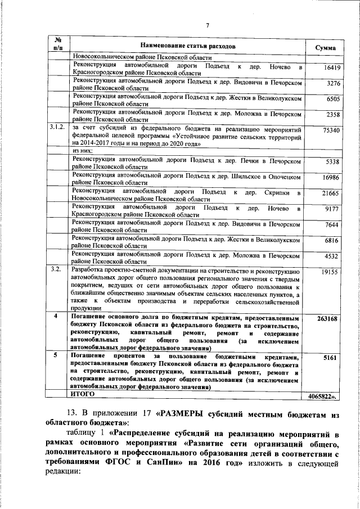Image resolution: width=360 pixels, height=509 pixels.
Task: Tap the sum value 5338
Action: point(328,163)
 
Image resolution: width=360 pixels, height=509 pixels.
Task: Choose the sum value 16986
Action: point(326,178)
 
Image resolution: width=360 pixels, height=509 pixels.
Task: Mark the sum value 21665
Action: point(326,194)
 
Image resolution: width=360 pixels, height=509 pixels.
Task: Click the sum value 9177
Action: point(328,210)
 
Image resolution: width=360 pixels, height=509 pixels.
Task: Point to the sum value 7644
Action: point(328,226)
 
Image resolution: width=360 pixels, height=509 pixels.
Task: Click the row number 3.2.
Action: point(56,271)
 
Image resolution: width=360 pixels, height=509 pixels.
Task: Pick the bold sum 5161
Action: point(328,358)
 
